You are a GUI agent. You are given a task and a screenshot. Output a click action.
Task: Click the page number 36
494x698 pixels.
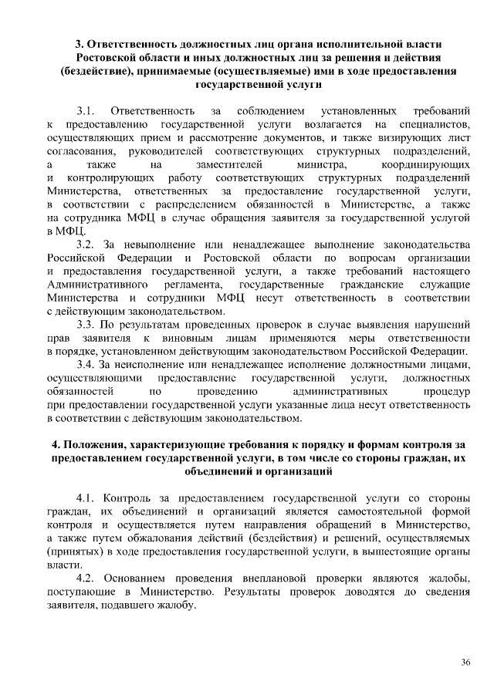(x=465, y=662)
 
